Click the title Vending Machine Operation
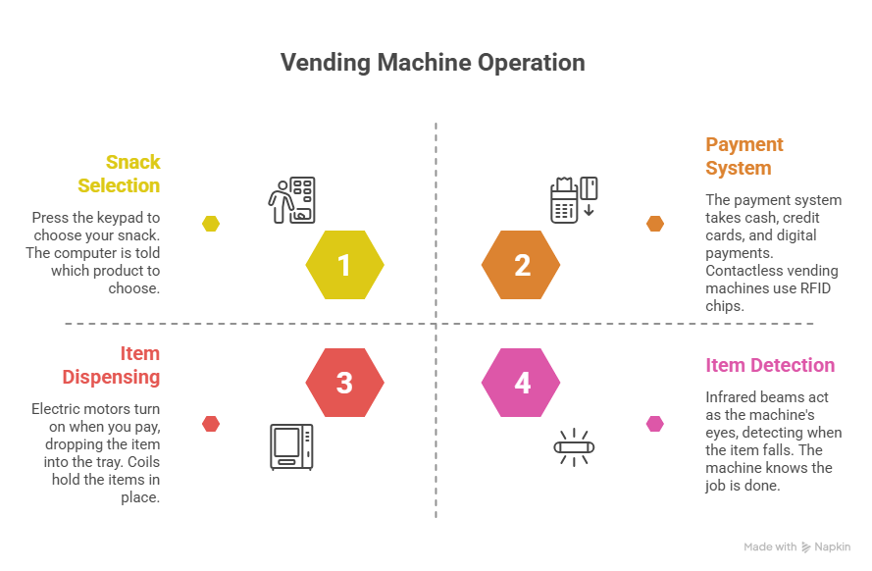click(x=433, y=62)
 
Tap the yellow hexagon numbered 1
click(x=345, y=265)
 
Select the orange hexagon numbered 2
click(x=521, y=265)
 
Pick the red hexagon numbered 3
click(x=345, y=383)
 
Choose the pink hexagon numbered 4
click(x=521, y=383)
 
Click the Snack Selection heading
click(x=119, y=174)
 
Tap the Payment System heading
click(x=744, y=156)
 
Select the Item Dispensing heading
click(x=111, y=365)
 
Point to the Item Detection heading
click(x=770, y=365)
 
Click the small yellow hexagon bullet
click(x=211, y=224)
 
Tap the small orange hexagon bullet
click(x=655, y=224)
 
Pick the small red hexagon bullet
click(x=211, y=424)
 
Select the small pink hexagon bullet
click(x=655, y=424)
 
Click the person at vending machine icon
click(x=292, y=200)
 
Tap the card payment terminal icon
click(x=574, y=200)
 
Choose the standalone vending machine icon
click(x=292, y=447)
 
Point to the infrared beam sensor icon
click(x=574, y=447)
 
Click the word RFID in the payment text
click(x=815, y=288)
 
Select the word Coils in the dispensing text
click(x=143, y=462)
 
